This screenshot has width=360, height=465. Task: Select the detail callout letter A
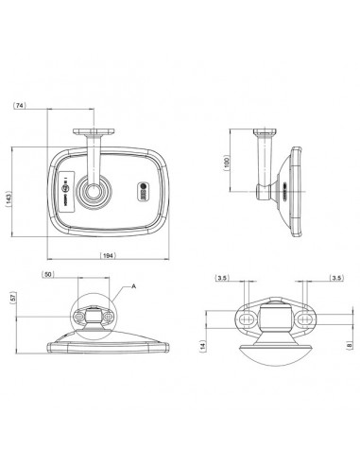(x=135, y=284)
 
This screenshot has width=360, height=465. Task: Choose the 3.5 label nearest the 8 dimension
(x=335, y=278)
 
